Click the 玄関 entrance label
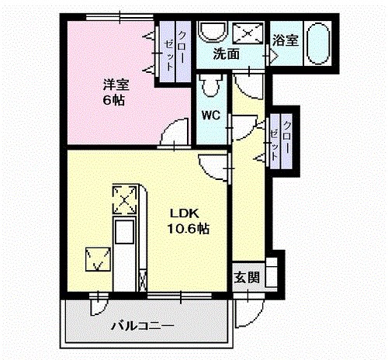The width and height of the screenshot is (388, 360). point(248,278)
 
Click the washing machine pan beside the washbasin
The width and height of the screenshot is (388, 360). point(248,33)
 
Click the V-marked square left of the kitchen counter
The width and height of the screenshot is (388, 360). point(97,258)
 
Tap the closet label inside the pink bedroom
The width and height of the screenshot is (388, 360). point(175,50)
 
